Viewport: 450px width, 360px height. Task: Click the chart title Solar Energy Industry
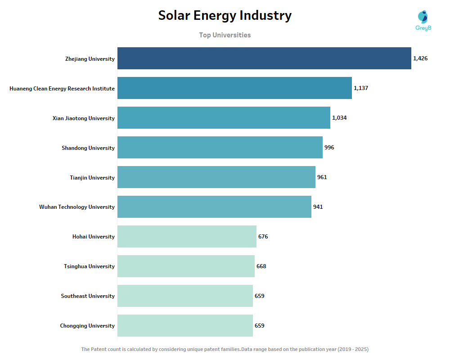point(225,16)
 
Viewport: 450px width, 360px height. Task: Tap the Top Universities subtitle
point(225,35)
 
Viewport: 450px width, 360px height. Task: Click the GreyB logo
point(423,21)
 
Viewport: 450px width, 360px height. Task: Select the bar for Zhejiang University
point(264,58)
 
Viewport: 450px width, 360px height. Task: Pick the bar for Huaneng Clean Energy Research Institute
point(234,88)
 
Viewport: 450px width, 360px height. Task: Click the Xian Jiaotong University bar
point(224,118)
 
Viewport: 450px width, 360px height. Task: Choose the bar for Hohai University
point(187,237)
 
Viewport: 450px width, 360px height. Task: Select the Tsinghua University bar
point(186,266)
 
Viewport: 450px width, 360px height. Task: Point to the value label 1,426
point(420,58)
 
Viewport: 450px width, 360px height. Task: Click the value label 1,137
point(361,88)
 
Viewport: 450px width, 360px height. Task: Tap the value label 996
point(329,148)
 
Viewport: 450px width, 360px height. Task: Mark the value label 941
point(318,207)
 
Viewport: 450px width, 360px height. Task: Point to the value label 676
point(263,237)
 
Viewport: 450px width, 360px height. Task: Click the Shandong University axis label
point(88,148)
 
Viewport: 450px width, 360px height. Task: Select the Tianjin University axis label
point(92,178)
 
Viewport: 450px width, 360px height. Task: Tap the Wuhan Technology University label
point(77,207)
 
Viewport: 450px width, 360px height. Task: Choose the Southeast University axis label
point(88,296)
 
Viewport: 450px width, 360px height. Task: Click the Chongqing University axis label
point(87,326)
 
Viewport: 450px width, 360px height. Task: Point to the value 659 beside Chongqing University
point(259,326)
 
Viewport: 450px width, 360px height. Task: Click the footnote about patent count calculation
point(225,349)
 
